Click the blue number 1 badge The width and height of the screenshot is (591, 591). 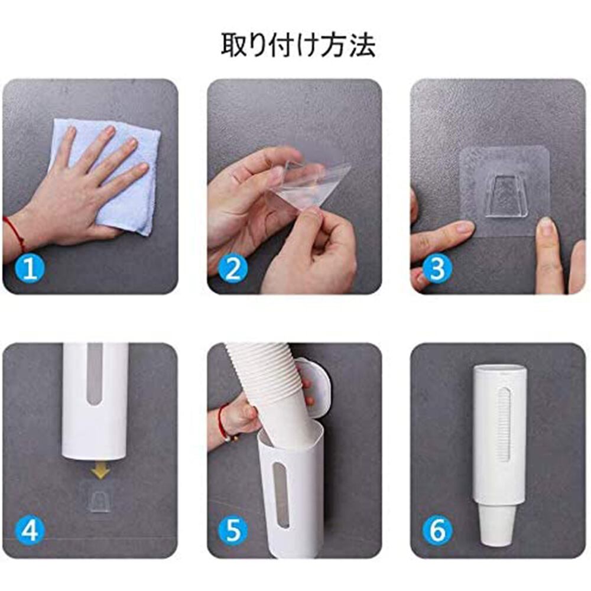(x=30, y=269)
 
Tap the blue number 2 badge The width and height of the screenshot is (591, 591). (x=233, y=269)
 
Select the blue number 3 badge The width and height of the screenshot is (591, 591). (x=437, y=269)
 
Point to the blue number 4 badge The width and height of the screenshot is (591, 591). (x=30, y=531)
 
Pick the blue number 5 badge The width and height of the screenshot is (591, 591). (x=233, y=531)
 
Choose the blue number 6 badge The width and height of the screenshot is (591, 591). (x=437, y=531)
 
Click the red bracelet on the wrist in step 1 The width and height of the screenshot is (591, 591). (x=15, y=233)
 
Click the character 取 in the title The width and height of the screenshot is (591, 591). (x=233, y=46)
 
